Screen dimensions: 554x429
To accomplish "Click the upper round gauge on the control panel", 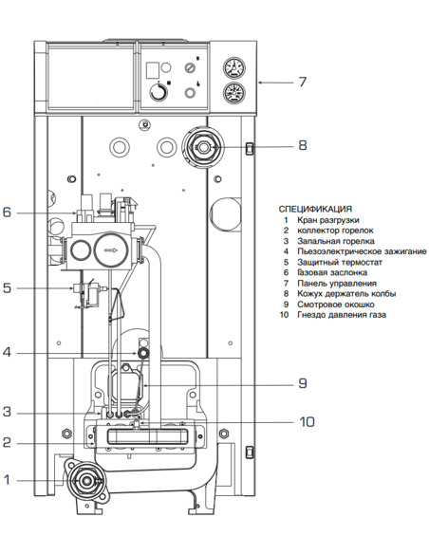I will pyautogui.click(x=231, y=69).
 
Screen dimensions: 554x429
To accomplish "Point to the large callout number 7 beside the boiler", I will pyautogui.click(x=301, y=83).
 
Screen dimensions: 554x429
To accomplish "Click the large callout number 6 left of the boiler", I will pyautogui.click(x=7, y=212).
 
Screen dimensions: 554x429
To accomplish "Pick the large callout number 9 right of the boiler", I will pyautogui.click(x=302, y=383).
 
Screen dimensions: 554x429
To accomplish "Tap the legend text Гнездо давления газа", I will pyautogui.click(x=343, y=314).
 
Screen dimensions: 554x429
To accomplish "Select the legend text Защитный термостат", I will pyautogui.click(x=338, y=262).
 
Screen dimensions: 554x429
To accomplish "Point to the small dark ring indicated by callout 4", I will pyautogui.click(x=143, y=352).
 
